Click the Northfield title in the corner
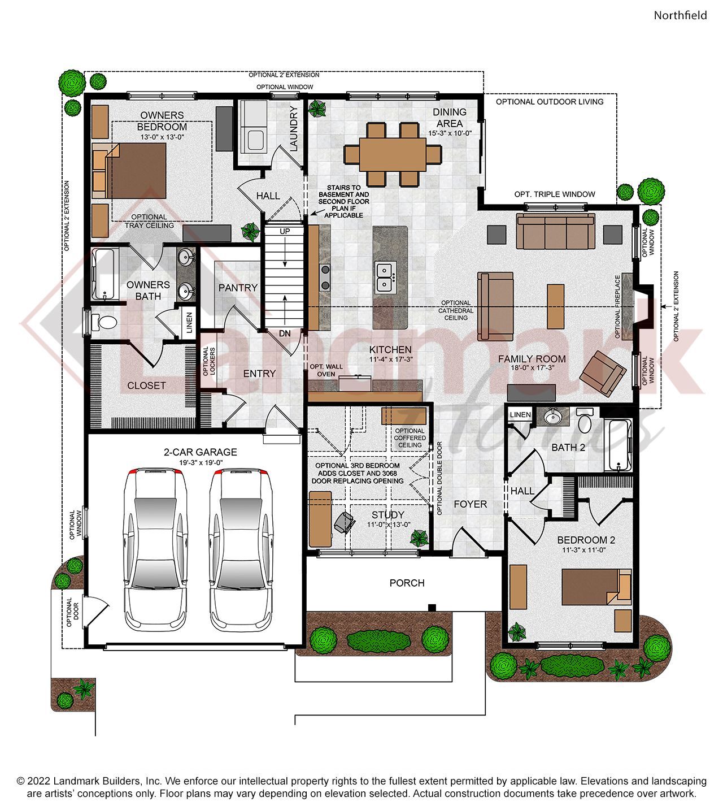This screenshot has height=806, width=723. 680,15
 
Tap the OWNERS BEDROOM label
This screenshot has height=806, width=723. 162,121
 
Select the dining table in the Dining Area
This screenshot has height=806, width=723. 393,153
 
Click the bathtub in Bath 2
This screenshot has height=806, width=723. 619,445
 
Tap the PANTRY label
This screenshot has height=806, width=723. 238,288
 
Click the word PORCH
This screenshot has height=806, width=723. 407,583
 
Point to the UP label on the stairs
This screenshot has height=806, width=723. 285,232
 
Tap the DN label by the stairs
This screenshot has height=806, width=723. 285,333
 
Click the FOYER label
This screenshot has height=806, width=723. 470,504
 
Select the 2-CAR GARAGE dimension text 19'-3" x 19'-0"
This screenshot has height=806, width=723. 200,462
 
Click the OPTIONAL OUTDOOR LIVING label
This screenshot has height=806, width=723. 550,102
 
